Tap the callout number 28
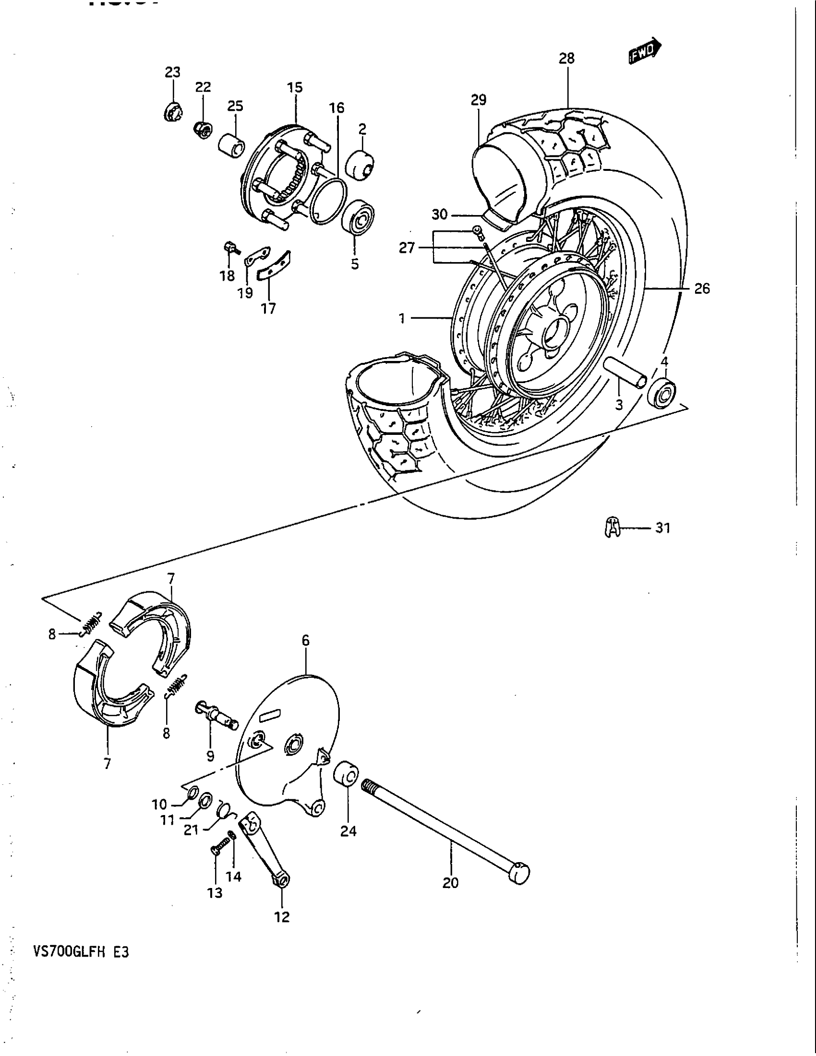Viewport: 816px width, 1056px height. tap(566, 59)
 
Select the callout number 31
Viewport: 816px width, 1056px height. tap(662, 528)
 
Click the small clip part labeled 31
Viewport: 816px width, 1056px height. tap(612, 527)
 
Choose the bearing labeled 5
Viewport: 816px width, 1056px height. tap(358, 218)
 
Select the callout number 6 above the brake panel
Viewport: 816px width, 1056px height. tap(305, 641)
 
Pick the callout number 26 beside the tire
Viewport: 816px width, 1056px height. tap(701, 288)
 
